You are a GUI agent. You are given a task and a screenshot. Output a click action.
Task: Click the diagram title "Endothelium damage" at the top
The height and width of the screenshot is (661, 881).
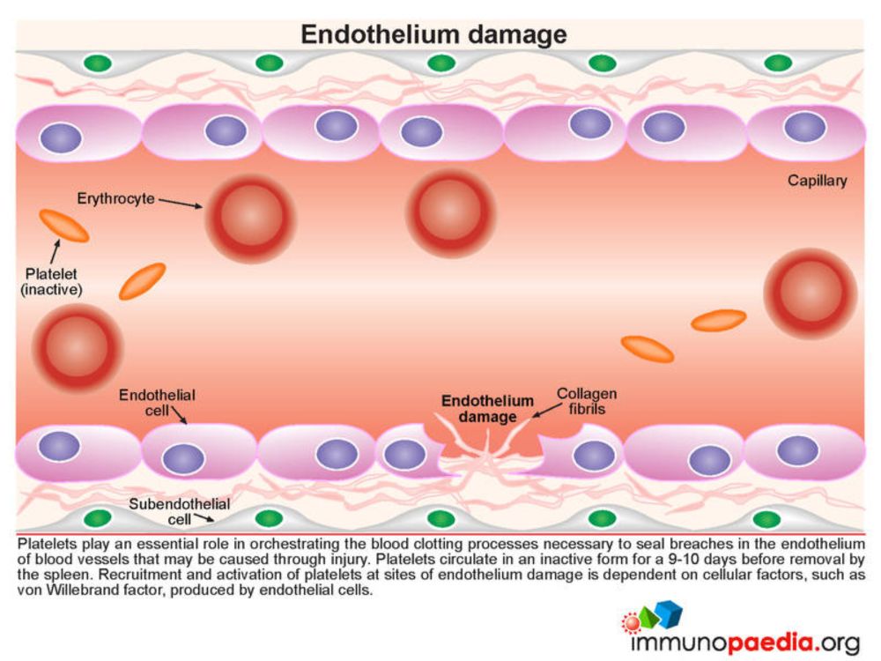coord(433,34)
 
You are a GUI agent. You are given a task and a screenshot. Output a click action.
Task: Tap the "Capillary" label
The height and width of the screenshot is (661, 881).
coord(817,181)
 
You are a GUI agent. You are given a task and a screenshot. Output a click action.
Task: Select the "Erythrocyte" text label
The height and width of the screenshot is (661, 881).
coord(115,198)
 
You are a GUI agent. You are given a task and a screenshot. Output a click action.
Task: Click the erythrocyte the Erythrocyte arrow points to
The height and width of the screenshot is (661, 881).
coord(250,218)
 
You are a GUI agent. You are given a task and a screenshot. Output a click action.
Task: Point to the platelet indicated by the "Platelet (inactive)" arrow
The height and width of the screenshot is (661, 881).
coord(64,226)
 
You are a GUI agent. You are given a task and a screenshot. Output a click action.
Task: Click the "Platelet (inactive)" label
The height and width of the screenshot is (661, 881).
coord(51,282)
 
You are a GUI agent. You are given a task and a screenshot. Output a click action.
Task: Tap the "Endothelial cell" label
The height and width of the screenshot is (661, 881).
coord(157,403)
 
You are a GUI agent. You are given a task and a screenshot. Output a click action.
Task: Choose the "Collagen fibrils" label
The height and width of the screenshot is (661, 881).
coord(587,401)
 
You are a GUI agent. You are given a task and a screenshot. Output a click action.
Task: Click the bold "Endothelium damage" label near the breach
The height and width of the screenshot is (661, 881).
coord(487,409)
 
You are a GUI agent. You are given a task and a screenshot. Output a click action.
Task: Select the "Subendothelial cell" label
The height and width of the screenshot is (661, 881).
coord(179,511)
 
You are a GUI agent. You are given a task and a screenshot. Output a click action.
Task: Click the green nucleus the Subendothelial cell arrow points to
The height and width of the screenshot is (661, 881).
coord(269,518)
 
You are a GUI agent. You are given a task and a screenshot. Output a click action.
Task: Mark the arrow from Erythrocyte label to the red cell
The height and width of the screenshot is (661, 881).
coord(181,203)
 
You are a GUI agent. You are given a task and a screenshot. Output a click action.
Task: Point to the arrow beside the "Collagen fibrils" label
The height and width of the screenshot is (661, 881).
coord(545,411)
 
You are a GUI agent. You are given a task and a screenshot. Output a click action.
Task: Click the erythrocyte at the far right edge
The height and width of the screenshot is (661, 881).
coord(811,293)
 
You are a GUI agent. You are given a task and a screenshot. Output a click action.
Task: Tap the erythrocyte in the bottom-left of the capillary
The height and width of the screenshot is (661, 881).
coord(77,346)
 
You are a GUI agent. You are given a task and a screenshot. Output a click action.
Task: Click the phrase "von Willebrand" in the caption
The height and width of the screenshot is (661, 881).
coord(63,590)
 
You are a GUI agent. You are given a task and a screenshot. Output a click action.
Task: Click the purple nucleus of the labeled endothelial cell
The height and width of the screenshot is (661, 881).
coord(183,458)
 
